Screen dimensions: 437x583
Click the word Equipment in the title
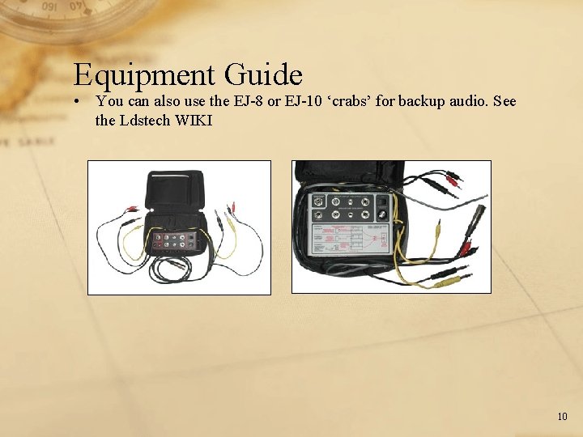144,75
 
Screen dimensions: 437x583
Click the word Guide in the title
264,75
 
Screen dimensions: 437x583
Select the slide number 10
562,417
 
